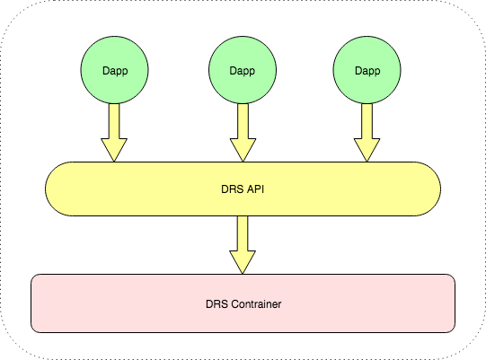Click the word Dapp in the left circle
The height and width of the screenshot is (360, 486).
click(114, 71)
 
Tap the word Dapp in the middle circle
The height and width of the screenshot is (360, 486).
click(243, 71)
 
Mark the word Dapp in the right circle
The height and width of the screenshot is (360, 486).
click(366, 71)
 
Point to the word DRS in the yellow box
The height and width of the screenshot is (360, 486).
click(233, 189)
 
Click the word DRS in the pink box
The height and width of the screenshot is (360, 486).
click(205, 304)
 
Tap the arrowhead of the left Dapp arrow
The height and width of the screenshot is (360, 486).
click(114, 149)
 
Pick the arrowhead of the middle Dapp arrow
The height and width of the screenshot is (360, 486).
click(243, 149)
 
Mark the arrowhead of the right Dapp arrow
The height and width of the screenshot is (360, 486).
click(366, 149)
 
